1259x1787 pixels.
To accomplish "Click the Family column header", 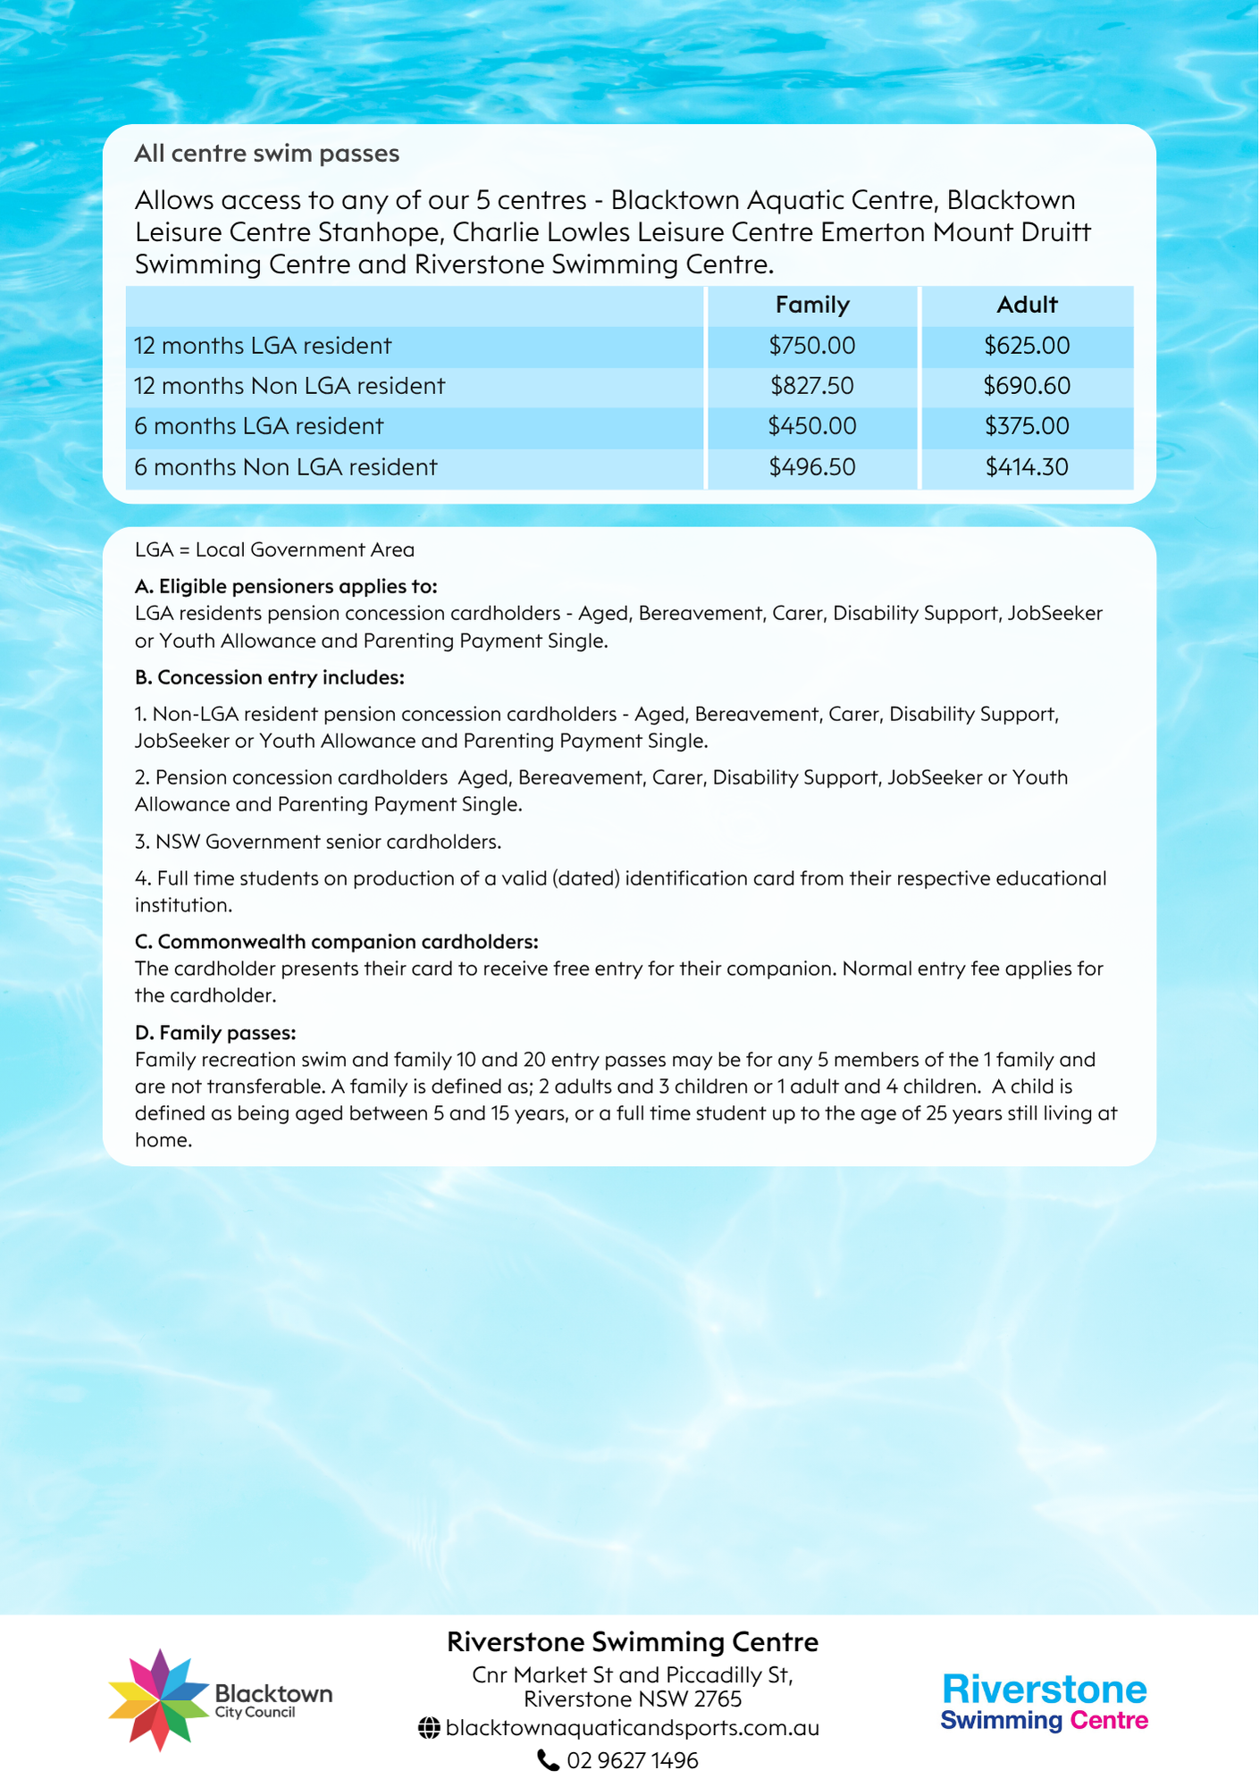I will (811, 306).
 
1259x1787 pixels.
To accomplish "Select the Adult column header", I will (1027, 306).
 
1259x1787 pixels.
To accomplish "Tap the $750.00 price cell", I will (811, 346).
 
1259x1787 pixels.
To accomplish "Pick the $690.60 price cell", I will (1027, 386).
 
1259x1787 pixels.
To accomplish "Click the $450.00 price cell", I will (811, 426).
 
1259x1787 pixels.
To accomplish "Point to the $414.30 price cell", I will (1027, 467).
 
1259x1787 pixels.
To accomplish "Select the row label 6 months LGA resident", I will (259, 426).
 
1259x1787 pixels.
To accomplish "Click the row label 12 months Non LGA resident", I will (290, 386).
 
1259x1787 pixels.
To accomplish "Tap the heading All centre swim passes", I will (266, 154).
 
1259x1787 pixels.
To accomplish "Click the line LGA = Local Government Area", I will (274, 550).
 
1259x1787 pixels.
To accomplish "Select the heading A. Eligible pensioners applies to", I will (286, 586).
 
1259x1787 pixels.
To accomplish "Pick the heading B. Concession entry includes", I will (269, 677).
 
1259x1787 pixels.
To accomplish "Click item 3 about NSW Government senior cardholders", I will (318, 842).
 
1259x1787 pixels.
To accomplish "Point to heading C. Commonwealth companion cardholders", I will (336, 942).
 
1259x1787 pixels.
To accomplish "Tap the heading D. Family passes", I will (214, 1033).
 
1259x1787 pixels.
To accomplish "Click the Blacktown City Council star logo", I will (158, 1699).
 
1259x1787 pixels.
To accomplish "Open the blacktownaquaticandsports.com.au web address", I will (632, 1728).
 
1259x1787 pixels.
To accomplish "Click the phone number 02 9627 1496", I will (632, 1760).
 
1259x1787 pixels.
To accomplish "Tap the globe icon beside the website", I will (429, 1729).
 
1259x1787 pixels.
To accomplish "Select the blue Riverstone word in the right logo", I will (1044, 1690).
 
